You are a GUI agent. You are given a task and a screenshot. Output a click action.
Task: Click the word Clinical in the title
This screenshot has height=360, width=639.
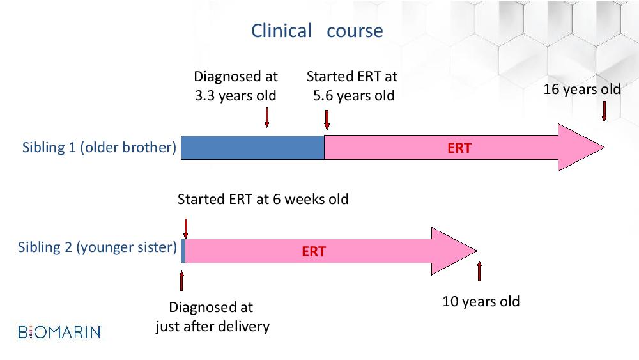[x=281, y=31]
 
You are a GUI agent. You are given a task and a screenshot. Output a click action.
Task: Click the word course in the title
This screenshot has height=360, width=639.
[x=355, y=31]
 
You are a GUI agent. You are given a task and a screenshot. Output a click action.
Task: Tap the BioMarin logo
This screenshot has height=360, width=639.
[x=59, y=333]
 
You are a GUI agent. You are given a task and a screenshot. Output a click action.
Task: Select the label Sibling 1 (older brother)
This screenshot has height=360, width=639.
[x=99, y=147]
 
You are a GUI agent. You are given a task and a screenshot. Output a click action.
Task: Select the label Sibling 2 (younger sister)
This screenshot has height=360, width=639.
[x=97, y=247]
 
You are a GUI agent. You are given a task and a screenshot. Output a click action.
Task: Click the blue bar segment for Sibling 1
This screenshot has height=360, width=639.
[x=252, y=148]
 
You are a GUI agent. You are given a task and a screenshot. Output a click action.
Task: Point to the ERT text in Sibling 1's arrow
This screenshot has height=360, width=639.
[x=459, y=148]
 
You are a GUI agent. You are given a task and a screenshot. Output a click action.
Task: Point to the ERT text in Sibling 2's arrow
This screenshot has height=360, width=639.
[x=314, y=251]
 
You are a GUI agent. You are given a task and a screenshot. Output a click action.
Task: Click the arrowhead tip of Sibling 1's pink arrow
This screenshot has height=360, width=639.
[x=604, y=148]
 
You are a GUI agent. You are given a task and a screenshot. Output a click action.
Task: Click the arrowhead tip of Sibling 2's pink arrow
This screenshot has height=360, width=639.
[x=477, y=251]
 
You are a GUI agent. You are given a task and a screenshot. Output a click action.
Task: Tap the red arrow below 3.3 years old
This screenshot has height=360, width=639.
[x=267, y=118]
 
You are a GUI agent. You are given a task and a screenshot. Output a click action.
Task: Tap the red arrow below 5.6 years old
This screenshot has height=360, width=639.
[x=327, y=120]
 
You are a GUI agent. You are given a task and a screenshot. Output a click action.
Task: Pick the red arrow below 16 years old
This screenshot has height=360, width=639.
[x=604, y=112]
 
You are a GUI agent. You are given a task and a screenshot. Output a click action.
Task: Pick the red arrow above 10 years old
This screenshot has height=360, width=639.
[x=479, y=271]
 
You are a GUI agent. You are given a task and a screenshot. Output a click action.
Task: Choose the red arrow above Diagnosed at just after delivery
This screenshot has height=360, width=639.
[x=181, y=281]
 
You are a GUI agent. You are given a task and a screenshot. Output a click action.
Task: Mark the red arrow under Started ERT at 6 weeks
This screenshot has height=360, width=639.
[x=186, y=229]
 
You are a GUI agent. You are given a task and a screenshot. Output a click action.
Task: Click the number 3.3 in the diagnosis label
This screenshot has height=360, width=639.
[x=204, y=96]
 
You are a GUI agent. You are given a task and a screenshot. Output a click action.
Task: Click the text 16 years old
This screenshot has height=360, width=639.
[x=582, y=90]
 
